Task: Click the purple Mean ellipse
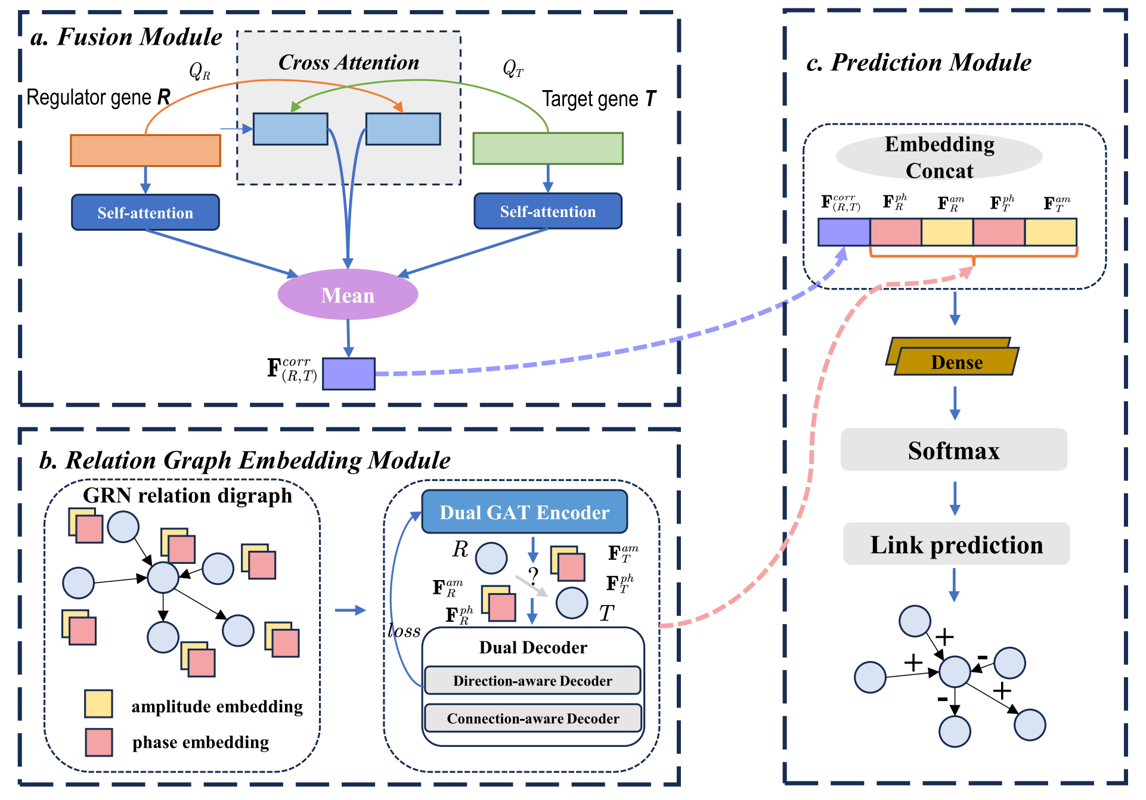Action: [348, 294]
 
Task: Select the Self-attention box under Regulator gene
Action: [145, 212]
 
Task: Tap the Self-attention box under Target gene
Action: [547, 211]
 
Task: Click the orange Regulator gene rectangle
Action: [145, 150]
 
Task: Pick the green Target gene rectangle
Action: [547, 148]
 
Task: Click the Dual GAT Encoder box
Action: [524, 512]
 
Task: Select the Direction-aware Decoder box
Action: [532, 681]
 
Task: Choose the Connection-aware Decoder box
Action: [532, 718]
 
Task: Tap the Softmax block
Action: [953, 450]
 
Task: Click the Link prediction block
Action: [956, 544]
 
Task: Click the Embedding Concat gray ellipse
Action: [939, 157]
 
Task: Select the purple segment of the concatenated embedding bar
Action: [843, 232]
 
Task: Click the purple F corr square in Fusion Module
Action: [348, 374]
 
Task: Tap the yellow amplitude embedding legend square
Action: [98, 703]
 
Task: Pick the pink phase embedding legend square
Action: [98, 742]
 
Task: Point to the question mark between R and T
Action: [533, 576]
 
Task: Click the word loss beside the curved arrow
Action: [404, 631]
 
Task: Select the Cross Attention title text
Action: [349, 63]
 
